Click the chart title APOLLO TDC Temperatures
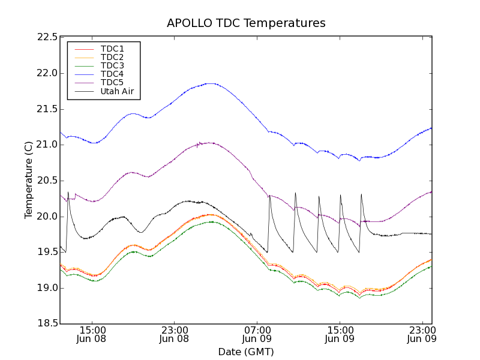point(246,23)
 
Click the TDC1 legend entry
point(112,49)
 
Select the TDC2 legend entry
point(112,57)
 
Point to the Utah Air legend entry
point(117,92)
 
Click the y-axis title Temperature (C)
point(29,180)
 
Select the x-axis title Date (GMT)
point(246,352)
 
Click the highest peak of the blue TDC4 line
point(210,83)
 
